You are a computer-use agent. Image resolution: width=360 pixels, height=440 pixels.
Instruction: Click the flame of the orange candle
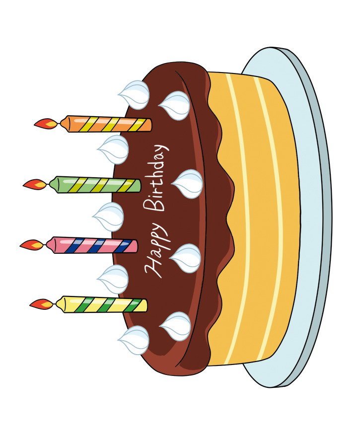tap(45, 123)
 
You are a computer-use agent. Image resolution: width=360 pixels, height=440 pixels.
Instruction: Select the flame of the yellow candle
tap(42, 303)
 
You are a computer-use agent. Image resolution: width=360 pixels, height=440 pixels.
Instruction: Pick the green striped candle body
tap(97, 185)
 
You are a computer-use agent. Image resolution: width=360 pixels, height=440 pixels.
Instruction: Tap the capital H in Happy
tap(154, 268)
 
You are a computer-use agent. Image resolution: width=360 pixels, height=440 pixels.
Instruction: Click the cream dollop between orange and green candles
tap(114, 149)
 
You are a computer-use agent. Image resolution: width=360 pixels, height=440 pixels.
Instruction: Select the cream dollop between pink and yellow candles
tap(114, 279)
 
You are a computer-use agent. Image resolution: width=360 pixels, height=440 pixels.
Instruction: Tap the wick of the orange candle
tap(59, 123)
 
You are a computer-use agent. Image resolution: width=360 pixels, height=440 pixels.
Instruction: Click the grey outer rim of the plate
tap(326, 219)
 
